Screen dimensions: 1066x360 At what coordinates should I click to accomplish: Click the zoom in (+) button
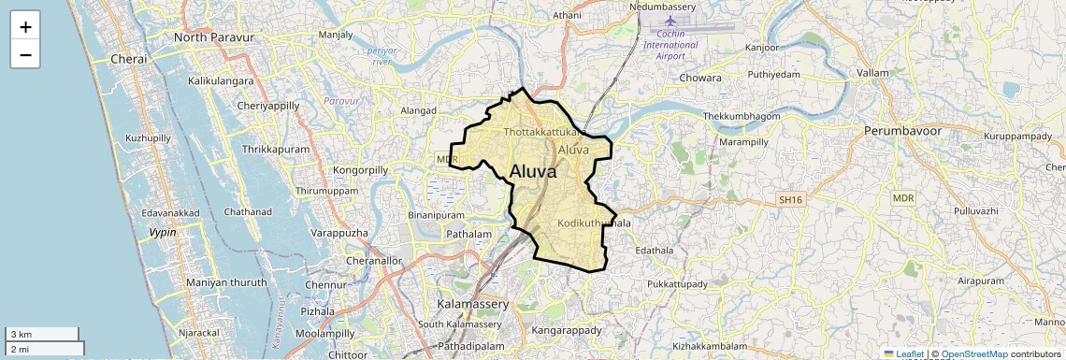coord(25,26)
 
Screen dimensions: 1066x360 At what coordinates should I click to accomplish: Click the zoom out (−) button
coord(25,54)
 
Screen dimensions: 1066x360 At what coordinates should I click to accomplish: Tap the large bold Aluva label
coord(533,172)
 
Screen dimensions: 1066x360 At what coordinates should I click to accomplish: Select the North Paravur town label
coord(214,37)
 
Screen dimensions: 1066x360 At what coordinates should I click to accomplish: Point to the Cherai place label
coord(129,59)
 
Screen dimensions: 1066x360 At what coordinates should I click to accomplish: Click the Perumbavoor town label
coord(902,131)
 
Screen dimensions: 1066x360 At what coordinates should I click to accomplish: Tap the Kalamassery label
coord(473,305)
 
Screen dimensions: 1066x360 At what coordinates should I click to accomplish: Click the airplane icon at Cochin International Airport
coord(670,21)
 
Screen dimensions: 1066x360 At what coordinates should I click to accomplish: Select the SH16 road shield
coord(790,200)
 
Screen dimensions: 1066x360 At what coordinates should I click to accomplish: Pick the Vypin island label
coord(163,232)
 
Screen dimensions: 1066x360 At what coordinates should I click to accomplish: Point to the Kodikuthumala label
coord(594,223)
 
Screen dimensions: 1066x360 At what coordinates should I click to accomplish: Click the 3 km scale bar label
coord(21,335)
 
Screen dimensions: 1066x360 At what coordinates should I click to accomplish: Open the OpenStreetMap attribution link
coord(973,353)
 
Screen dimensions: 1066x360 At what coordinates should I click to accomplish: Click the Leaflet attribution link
coord(910,353)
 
